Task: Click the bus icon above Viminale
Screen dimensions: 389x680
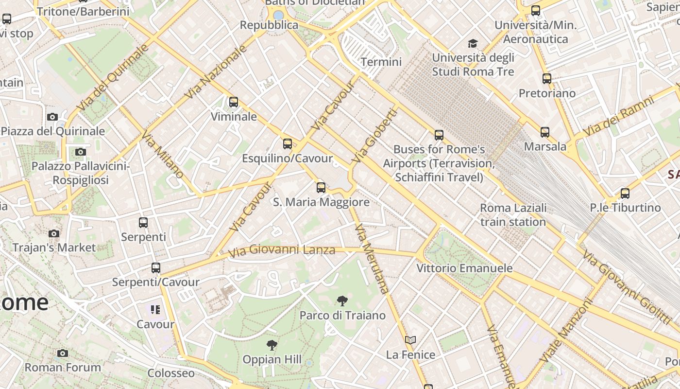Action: point(234,102)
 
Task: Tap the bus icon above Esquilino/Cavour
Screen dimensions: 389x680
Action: point(288,144)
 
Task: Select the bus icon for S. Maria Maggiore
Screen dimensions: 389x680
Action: point(321,188)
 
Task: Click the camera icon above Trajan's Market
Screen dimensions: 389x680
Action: point(54,233)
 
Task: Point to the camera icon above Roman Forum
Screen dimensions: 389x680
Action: point(63,353)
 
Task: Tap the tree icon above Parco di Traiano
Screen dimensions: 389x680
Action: point(342,301)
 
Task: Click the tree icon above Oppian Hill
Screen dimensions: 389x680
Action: point(272,345)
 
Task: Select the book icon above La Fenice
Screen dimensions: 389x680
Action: point(410,340)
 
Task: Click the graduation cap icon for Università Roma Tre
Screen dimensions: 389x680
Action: point(473,44)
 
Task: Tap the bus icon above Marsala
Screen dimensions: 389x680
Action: point(545,132)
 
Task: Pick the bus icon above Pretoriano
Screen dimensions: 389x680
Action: point(547,79)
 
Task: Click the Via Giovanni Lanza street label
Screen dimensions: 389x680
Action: point(282,250)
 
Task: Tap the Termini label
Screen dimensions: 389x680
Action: point(381,62)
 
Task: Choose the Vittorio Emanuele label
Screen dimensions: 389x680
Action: point(464,268)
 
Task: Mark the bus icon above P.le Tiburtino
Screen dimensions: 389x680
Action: point(625,194)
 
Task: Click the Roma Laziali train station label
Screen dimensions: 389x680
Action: point(513,215)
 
